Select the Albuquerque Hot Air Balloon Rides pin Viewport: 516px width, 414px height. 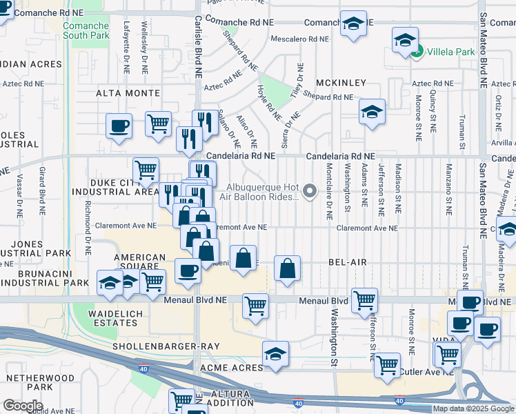click(310, 191)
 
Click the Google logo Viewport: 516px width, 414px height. click(23, 405)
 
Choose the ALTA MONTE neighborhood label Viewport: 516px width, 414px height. click(128, 93)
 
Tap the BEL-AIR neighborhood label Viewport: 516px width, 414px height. click(346, 263)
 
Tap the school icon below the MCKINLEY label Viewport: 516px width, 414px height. click(372, 112)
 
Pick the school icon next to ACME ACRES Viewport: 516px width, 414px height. click(276, 353)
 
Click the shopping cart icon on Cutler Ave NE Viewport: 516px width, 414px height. click(388, 364)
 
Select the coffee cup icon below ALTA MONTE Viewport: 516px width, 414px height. click(119, 126)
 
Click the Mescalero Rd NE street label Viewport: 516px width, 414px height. click(299, 39)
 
